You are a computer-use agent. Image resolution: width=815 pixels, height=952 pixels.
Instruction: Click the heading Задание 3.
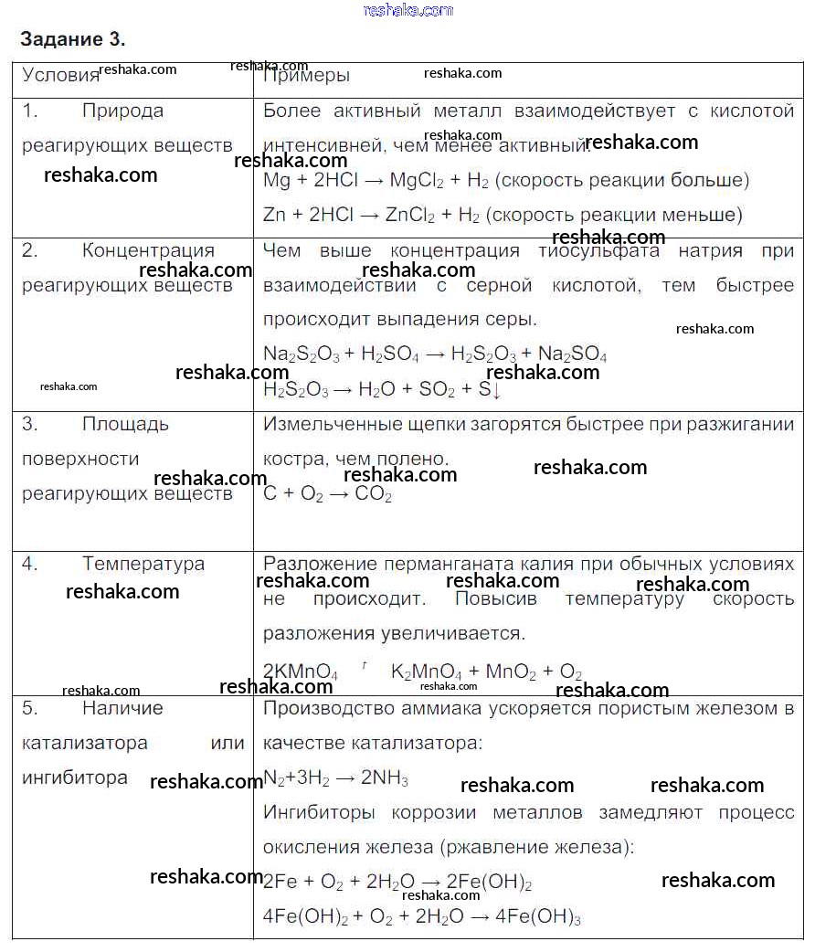click(72, 39)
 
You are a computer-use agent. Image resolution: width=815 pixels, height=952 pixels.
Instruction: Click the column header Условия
click(60, 75)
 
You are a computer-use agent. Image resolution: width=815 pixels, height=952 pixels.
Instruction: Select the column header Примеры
click(306, 75)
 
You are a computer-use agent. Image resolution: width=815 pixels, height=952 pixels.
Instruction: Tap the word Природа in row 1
click(122, 111)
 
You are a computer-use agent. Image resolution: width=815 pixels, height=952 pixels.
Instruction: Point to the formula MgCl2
click(417, 181)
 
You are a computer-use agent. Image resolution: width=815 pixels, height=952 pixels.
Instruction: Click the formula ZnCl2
click(410, 216)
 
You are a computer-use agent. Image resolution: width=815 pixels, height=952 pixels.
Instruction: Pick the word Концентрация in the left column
click(148, 250)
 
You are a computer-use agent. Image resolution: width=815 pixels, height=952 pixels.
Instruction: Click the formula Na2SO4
click(572, 354)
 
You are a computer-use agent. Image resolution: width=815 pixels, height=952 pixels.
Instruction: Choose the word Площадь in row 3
click(125, 424)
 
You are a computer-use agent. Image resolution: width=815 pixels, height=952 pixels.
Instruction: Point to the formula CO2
click(373, 494)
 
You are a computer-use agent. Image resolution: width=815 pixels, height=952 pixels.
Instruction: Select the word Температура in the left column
click(143, 564)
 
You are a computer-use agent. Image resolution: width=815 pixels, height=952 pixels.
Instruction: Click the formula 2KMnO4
click(301, 672)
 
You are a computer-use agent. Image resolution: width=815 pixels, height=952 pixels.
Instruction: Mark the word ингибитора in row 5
click(75, 777)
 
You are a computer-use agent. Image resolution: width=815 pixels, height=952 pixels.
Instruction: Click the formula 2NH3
click(385, 778)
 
